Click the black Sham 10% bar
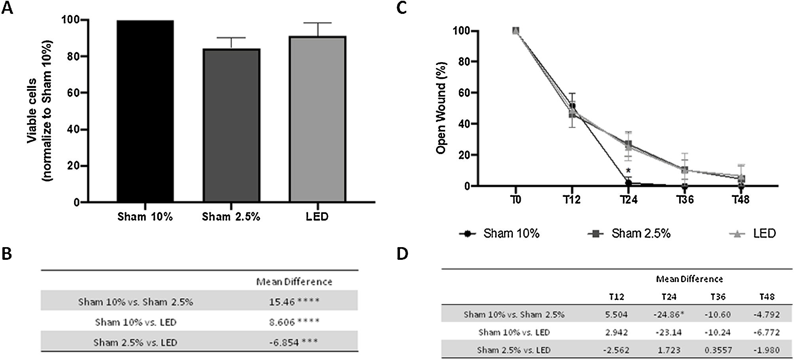point(145,111)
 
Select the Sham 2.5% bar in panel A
point(231,125)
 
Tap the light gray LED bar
point(317,119)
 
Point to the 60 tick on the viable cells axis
point(73,93)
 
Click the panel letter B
point(7,254)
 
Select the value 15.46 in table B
point(282,302)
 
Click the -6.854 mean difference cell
point(284,342)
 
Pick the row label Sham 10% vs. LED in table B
point(135,322)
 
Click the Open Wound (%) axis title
point(441,108)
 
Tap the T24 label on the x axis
point(628,200)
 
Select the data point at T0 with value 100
point(515,31)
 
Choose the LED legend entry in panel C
point(752,234)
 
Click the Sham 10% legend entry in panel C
point(500,234)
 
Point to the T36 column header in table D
point(718,297)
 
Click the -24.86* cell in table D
point(668,314)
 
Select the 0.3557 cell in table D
point(718,350)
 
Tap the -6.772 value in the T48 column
point(766,332)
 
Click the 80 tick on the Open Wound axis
point(461,62)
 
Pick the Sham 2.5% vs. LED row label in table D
point(513,350)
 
